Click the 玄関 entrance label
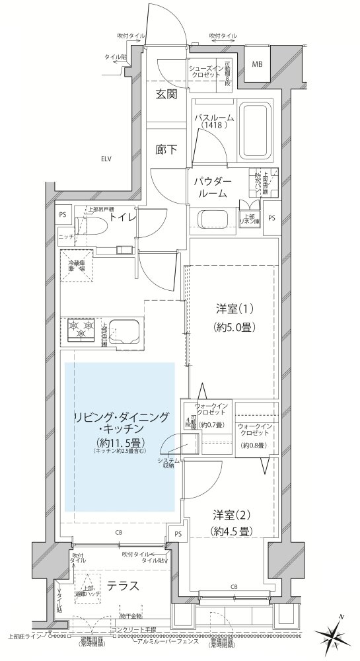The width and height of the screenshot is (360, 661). (x=166, y=94)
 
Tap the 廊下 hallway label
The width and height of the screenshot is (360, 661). (x=166, y=149)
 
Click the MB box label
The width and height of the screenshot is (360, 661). (x=256, y=64)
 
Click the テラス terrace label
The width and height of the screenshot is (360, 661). (x=122, y=585)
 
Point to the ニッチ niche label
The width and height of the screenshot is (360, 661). (x=65, y=235)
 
